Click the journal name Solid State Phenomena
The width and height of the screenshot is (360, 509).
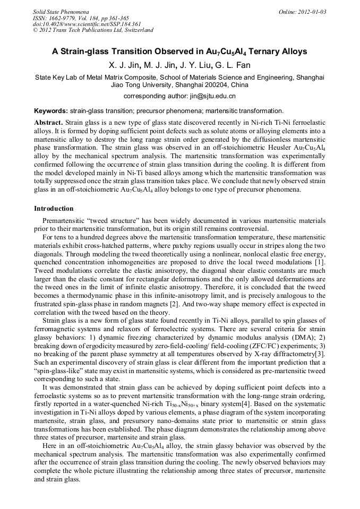pos(61,11)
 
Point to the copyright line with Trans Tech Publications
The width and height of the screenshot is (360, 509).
pos(93,30)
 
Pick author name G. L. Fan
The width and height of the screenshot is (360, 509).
pos(232,65)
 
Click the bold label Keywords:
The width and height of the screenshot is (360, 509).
pos(51,111)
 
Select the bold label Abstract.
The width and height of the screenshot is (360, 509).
pos(49,122)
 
